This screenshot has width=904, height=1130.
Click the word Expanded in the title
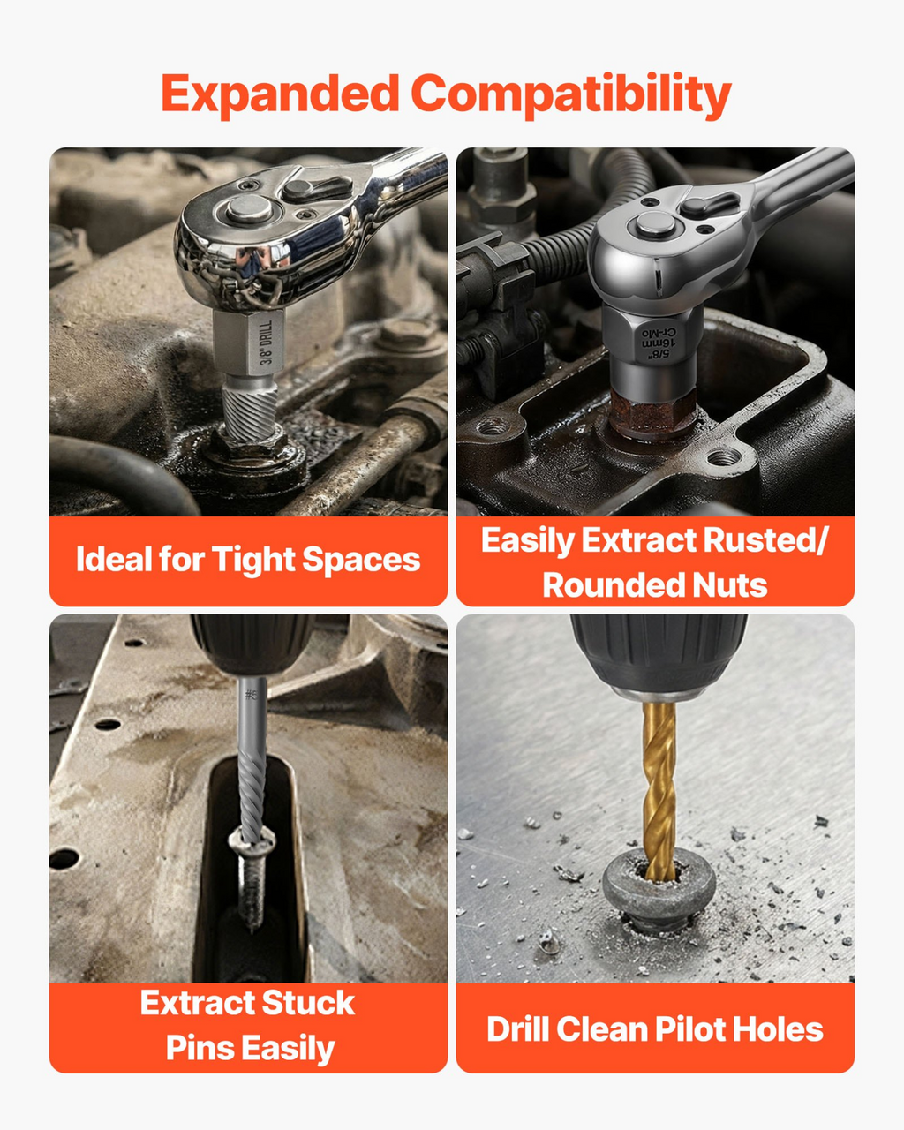pos(281,94)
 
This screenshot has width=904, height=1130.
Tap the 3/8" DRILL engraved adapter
pos(248,343)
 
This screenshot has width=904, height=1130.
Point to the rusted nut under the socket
pos(653,413)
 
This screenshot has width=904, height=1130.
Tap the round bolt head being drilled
pos(659,888)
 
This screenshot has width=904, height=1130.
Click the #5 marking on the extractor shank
pos(252,696)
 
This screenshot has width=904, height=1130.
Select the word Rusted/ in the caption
pos(765,540)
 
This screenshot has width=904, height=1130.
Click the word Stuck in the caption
pos(308,1003)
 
